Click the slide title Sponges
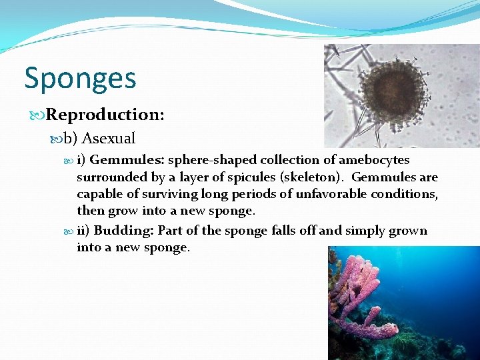point(80,77)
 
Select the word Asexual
point(109,139)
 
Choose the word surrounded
point(105,177)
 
